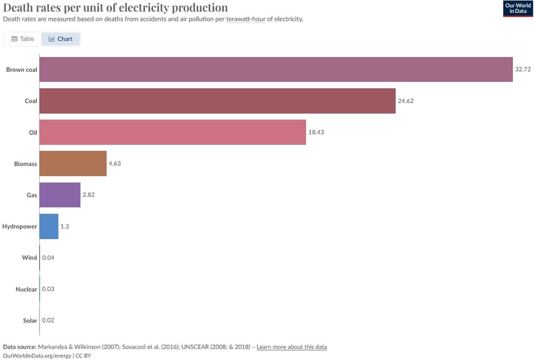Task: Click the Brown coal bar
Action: [x=276, y=69]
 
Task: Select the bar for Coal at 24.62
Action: [x=217, y=101]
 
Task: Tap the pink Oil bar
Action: [x=172, y=132]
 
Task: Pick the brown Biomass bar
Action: [x=73, y=163]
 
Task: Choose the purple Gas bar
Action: [x=60, y=195]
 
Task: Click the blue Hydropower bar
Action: [x=49, y=226]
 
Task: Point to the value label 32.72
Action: [x=523, y=69]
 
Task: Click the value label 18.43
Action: [x=316, y=132]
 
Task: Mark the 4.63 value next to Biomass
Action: [x=115, y=163]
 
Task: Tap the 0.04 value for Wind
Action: [x=48, y=258]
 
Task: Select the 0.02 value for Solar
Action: [x=48, y=320]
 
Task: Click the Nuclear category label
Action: [x=26, y=289]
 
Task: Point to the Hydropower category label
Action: [x=20, y=226]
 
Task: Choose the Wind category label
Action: [x=29, y=258]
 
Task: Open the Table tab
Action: [x=23, y=39]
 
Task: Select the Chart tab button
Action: [x=61, y=39]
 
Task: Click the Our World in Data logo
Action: [x=518, y=9]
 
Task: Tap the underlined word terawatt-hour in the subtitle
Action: [x=246, y=19]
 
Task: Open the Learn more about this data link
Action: [x=292, y=347]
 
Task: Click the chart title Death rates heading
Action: [x=116, y=7]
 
